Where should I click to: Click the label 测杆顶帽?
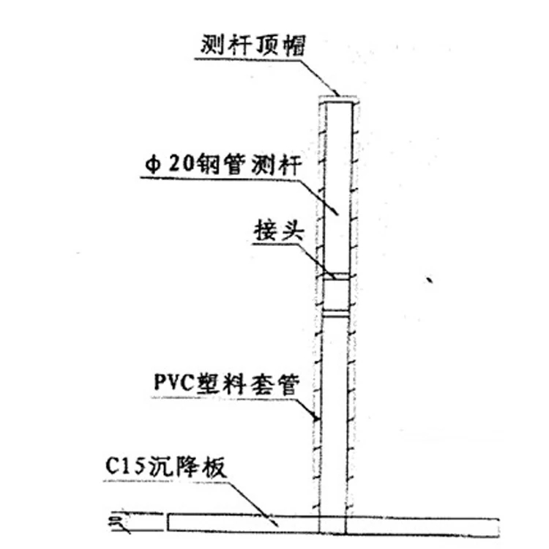coord(253,45)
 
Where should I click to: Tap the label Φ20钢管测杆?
coord(223,164)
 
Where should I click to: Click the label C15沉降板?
coord(165,467)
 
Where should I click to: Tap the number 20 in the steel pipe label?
coord(182,164)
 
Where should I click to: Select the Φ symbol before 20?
coord(153,165)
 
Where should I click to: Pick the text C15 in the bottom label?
coord(124,466)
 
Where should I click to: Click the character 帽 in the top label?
coord(294,45)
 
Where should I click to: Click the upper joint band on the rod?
coord(336,277)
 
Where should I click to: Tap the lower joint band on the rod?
coord(336,314)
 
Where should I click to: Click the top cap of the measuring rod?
coord(338,99)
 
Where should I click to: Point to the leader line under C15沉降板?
coord(191,498)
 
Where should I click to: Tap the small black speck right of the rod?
coord(429,280)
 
